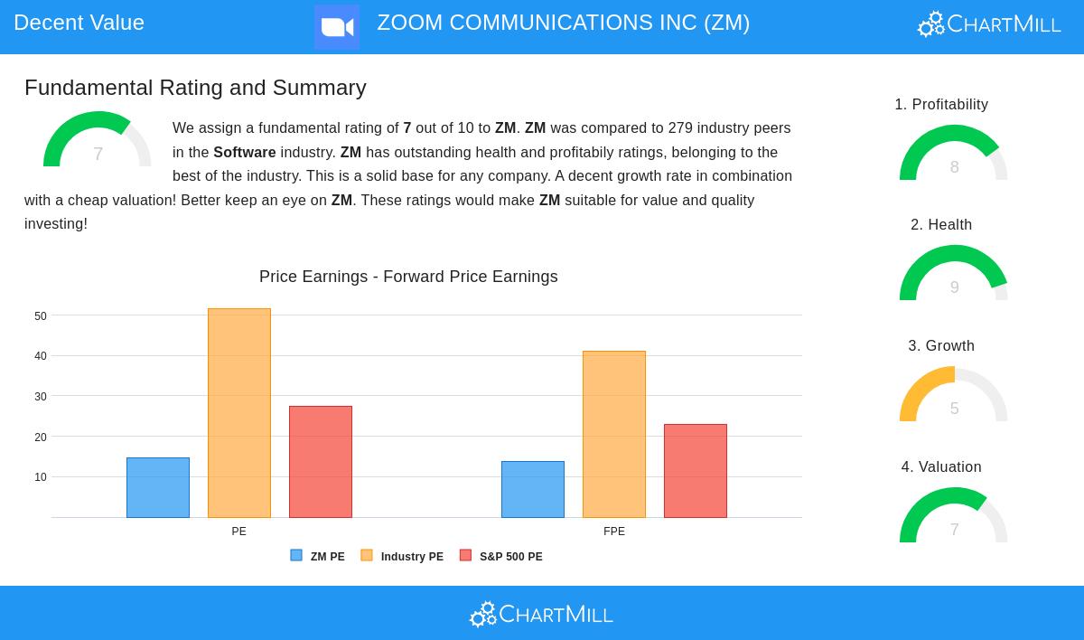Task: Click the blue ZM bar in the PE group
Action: [158, 487]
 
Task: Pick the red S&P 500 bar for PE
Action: [321, 462]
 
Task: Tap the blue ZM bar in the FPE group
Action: [533, 489]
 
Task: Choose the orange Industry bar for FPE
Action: [614, 434]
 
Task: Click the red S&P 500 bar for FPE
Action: [696, 471]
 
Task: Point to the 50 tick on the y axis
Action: [41, 316]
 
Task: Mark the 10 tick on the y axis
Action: [41, 477]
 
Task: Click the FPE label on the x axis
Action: [614, 532]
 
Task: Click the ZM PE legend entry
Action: [318, 557]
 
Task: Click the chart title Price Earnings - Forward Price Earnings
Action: [408, 277]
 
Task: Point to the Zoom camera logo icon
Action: [337, 27]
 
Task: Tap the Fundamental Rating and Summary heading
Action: [195, 88]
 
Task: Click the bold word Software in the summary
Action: [245, 153]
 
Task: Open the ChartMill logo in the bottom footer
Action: [541, 615]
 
